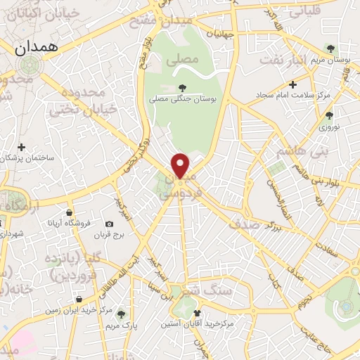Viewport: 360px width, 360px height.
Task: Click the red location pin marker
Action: coord(181,165)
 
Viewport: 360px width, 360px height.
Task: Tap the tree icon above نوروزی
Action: coord(330,115)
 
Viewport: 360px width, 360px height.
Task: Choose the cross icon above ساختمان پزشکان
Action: coord(22,147)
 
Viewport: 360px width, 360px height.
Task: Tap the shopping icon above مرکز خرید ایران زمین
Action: coord(78,299)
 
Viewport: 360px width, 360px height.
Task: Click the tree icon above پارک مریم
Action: coord(121,314)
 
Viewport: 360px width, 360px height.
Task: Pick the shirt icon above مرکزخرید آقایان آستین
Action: coord(196,312)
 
